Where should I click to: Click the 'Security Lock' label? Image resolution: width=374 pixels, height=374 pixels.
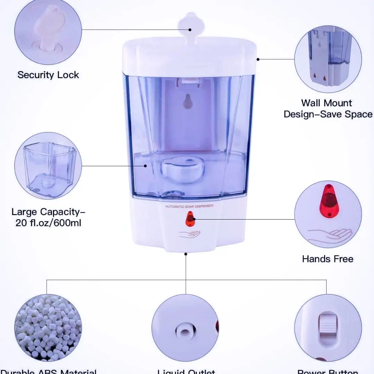48,75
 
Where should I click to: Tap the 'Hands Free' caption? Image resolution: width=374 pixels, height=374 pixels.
328,259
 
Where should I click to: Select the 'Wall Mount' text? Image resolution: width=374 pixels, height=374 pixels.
326,103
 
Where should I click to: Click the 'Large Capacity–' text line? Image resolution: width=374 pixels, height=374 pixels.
48,212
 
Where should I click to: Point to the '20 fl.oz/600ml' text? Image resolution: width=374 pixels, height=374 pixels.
48,223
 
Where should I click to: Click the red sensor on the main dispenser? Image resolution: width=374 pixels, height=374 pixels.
190,219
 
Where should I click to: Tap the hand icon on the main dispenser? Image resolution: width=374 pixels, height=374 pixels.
189,234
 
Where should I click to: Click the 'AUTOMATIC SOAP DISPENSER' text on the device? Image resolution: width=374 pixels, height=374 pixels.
189,206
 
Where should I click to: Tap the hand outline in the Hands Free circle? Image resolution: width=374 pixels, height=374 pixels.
329,234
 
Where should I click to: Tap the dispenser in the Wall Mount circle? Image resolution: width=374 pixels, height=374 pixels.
328,59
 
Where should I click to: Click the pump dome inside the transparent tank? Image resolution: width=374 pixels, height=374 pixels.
182,170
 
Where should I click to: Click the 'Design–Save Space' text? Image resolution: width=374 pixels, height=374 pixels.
328,114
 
